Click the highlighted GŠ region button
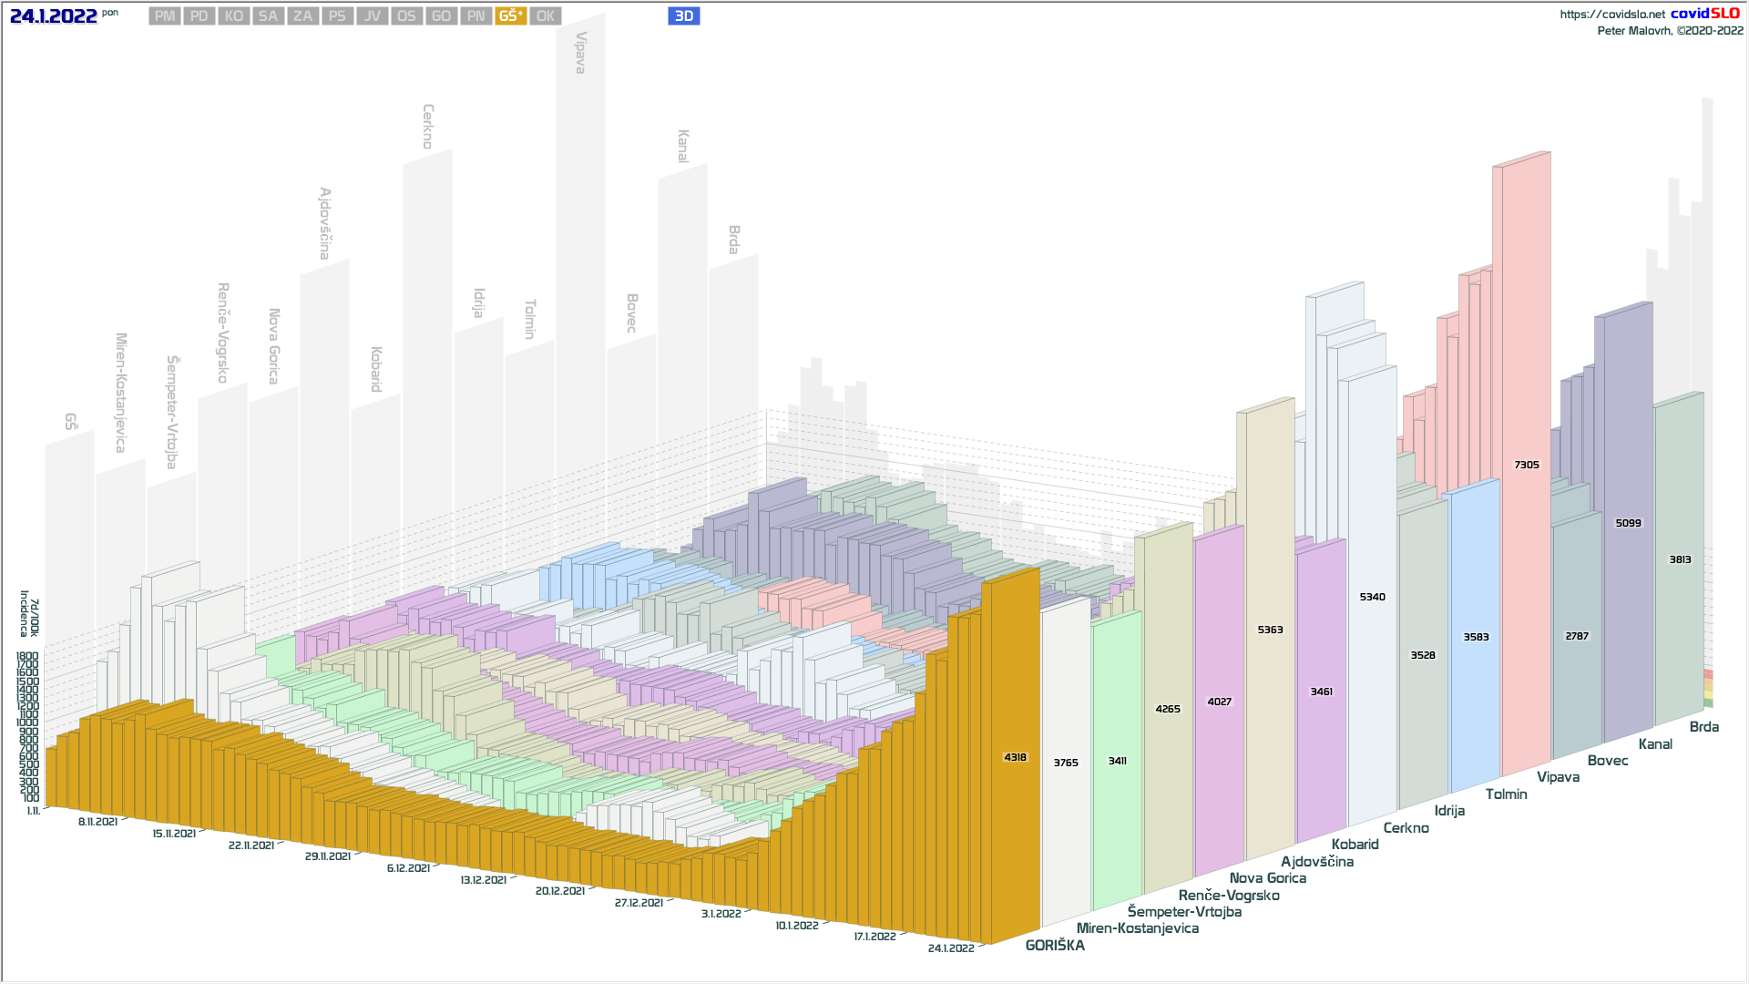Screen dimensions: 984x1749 [x=510, y=16]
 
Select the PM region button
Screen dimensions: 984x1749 [x=165, y=16]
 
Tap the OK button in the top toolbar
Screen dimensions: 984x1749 [x=546, y=16]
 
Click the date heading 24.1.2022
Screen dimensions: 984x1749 [x=54, y=16]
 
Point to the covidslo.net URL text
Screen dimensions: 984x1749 [x=1611, y=15]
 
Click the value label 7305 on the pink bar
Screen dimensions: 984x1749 [x=1527, y=465]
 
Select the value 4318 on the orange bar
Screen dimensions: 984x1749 [x=1015, y=757]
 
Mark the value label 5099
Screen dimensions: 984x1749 [x=1628, y=523]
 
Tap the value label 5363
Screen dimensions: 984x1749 [x=1270, y=630]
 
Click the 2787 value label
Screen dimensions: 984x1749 [x=1577, y=636]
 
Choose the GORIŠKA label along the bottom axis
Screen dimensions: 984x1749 [x=1055, y=946]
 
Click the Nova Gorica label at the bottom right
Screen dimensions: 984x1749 [x=1267, y=878]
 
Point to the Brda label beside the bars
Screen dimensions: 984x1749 [x=1703, y=727]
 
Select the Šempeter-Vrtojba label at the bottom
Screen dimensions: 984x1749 [x=1184, y=912]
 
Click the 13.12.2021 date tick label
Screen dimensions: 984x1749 [x=483, y=880]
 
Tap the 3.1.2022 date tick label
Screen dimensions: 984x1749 [x=721, y=914]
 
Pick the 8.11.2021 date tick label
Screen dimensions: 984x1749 [x=97, y=822]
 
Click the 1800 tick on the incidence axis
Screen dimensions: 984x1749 [x=27, y=656]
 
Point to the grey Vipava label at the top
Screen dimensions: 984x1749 [x=580, y=53]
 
